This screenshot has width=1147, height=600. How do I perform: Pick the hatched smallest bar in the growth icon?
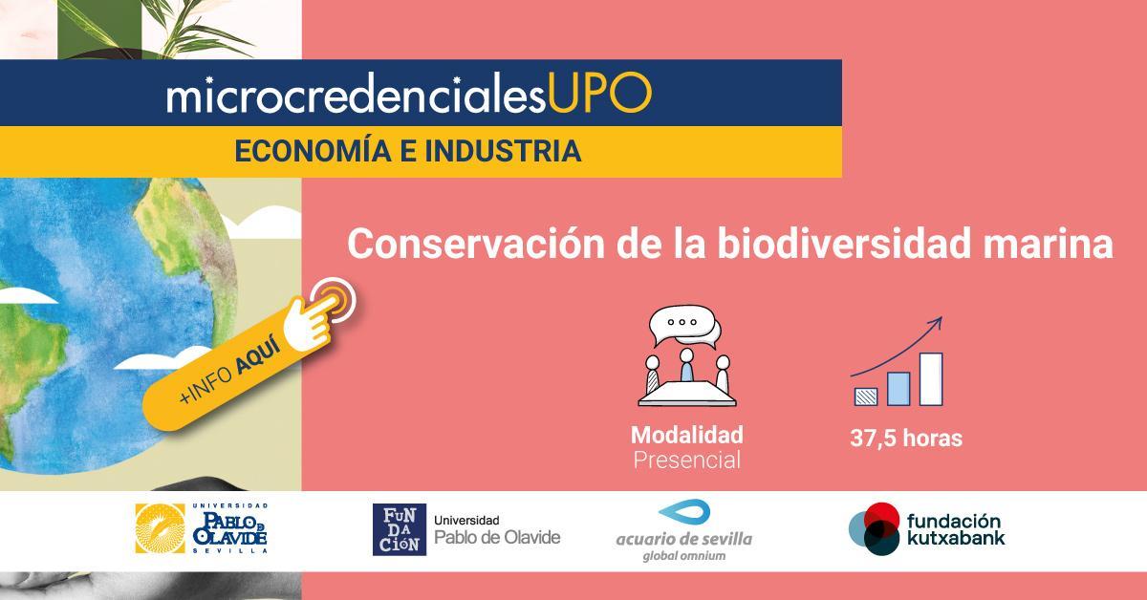pyautogui.click(x=865, y=395)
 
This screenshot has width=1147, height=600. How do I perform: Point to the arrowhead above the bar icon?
pyautogui.click(x=936, y=323)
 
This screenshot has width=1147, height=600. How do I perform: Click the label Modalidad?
pyautogui.click(x=686, y=435)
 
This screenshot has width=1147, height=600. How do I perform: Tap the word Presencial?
pyautogui.click(x=686, y=460)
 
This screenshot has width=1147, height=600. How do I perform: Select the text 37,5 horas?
pyautogui.click(x=905, y=439)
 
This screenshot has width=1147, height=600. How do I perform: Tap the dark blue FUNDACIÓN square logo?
pyautogui.click(x=399, y=529)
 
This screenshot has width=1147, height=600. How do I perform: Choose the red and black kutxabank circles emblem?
pyautogui.click(x=874, y=529)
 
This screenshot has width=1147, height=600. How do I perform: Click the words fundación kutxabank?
pyautogui.click(x=955, y=529)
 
